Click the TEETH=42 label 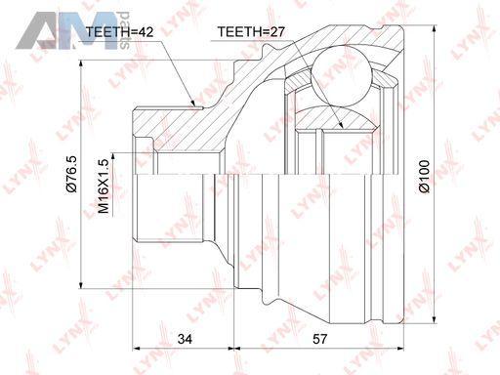(x=119, y=32)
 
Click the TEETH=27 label (x=251, y=32)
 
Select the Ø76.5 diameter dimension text (x=71, y=174)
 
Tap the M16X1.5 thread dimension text (x=104, y=187)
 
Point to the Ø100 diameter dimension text (x=424, y=176)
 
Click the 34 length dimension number (x=185, y=339)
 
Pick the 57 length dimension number (x=319, y=339)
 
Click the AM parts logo (x=73, y=30)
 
